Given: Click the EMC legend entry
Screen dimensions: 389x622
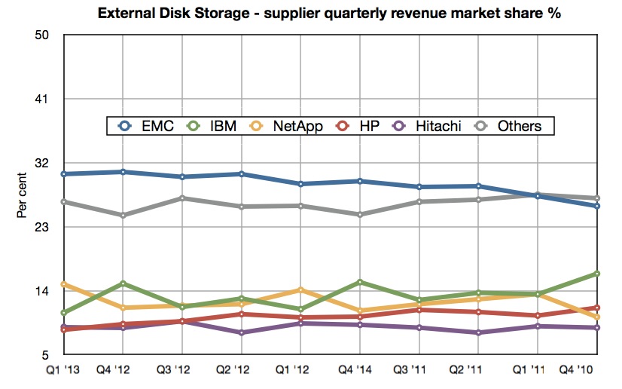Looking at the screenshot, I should click(148, 126).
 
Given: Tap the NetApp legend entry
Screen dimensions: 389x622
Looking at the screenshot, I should click(287, 126).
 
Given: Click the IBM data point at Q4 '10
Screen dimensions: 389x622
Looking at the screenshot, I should click(597, 274).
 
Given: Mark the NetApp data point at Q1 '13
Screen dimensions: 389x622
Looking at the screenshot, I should click(64, 284).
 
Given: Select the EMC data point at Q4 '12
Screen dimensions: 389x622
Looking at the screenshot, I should click(123, 172).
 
